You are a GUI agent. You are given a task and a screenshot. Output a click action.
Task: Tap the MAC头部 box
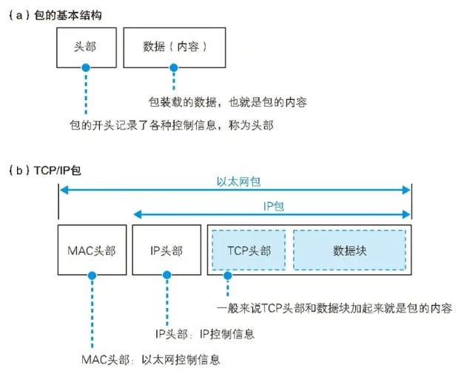tap(91, 250)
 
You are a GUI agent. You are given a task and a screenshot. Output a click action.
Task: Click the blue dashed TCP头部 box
tap(249, 250)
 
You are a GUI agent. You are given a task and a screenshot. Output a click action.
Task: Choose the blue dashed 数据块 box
tap(349, 250)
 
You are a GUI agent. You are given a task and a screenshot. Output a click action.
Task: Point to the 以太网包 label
tap(235, 180)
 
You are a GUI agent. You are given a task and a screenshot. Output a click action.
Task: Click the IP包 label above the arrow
tap(274, 205)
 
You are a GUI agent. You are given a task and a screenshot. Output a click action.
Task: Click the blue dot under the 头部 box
tap(86, 68)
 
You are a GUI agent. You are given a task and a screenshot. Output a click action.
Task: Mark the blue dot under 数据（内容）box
tap(174, 68)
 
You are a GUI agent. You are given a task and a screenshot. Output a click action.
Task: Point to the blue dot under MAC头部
tap(91, 275)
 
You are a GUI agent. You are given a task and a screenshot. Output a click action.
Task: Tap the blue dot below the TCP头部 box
tap(229, 275)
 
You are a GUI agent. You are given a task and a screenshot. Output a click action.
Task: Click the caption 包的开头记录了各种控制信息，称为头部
tap(171, 125)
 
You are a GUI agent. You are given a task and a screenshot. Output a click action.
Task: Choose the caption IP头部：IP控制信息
tap(205, 334)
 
